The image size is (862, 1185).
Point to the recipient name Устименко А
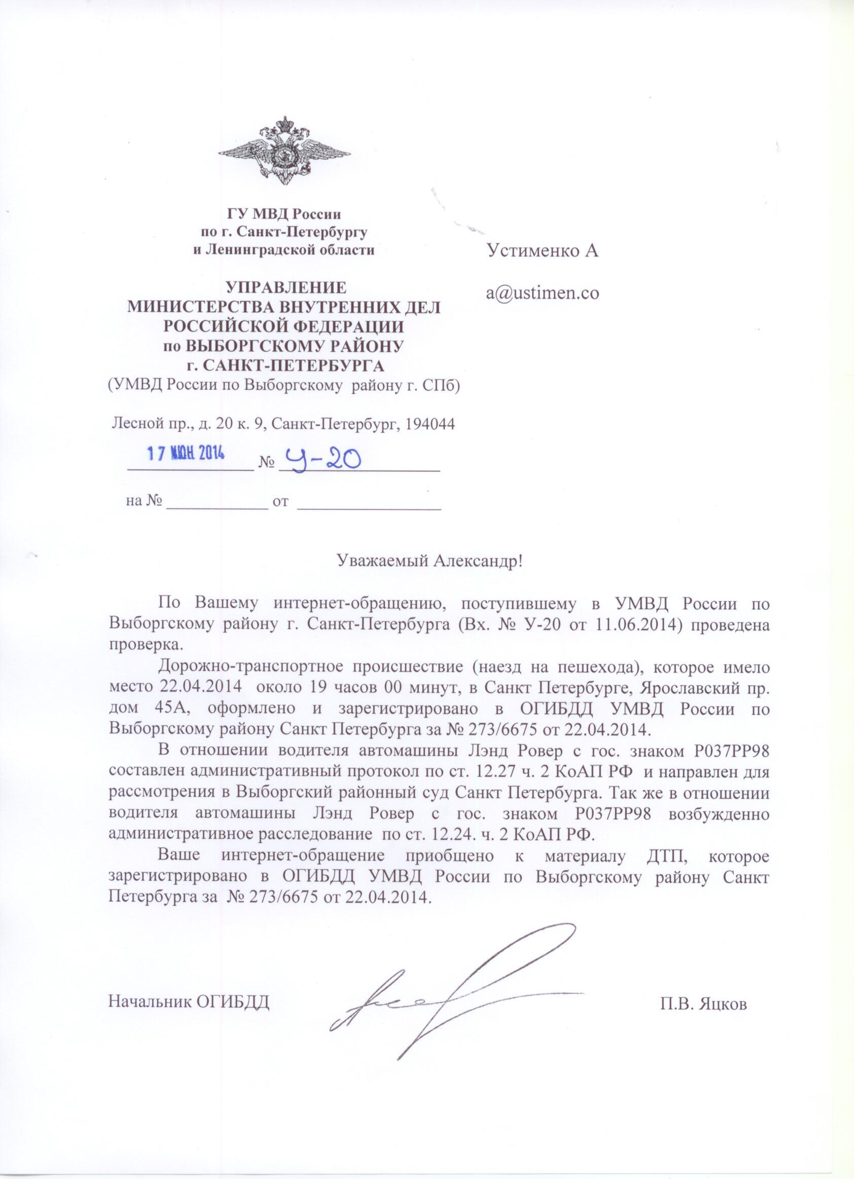pyautogui.click(x=543, y=251)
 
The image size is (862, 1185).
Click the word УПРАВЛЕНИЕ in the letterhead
pyautogui.click(x=285, y=287)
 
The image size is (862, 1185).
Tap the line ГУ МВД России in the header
pyautogui.click(x=284, y=214)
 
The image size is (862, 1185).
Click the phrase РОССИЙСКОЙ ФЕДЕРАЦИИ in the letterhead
pyautogui.click(x=284, y=326)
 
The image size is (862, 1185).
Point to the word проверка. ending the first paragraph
pyautogui.click(x=146, y=644)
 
